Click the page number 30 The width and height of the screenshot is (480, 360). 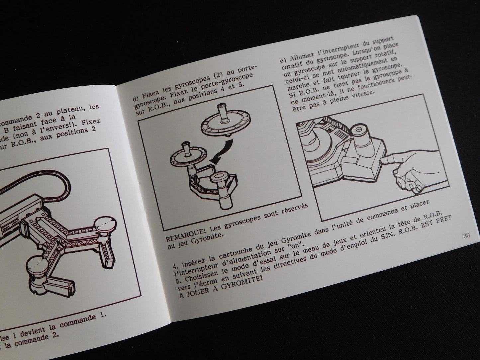pos(466,236)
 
